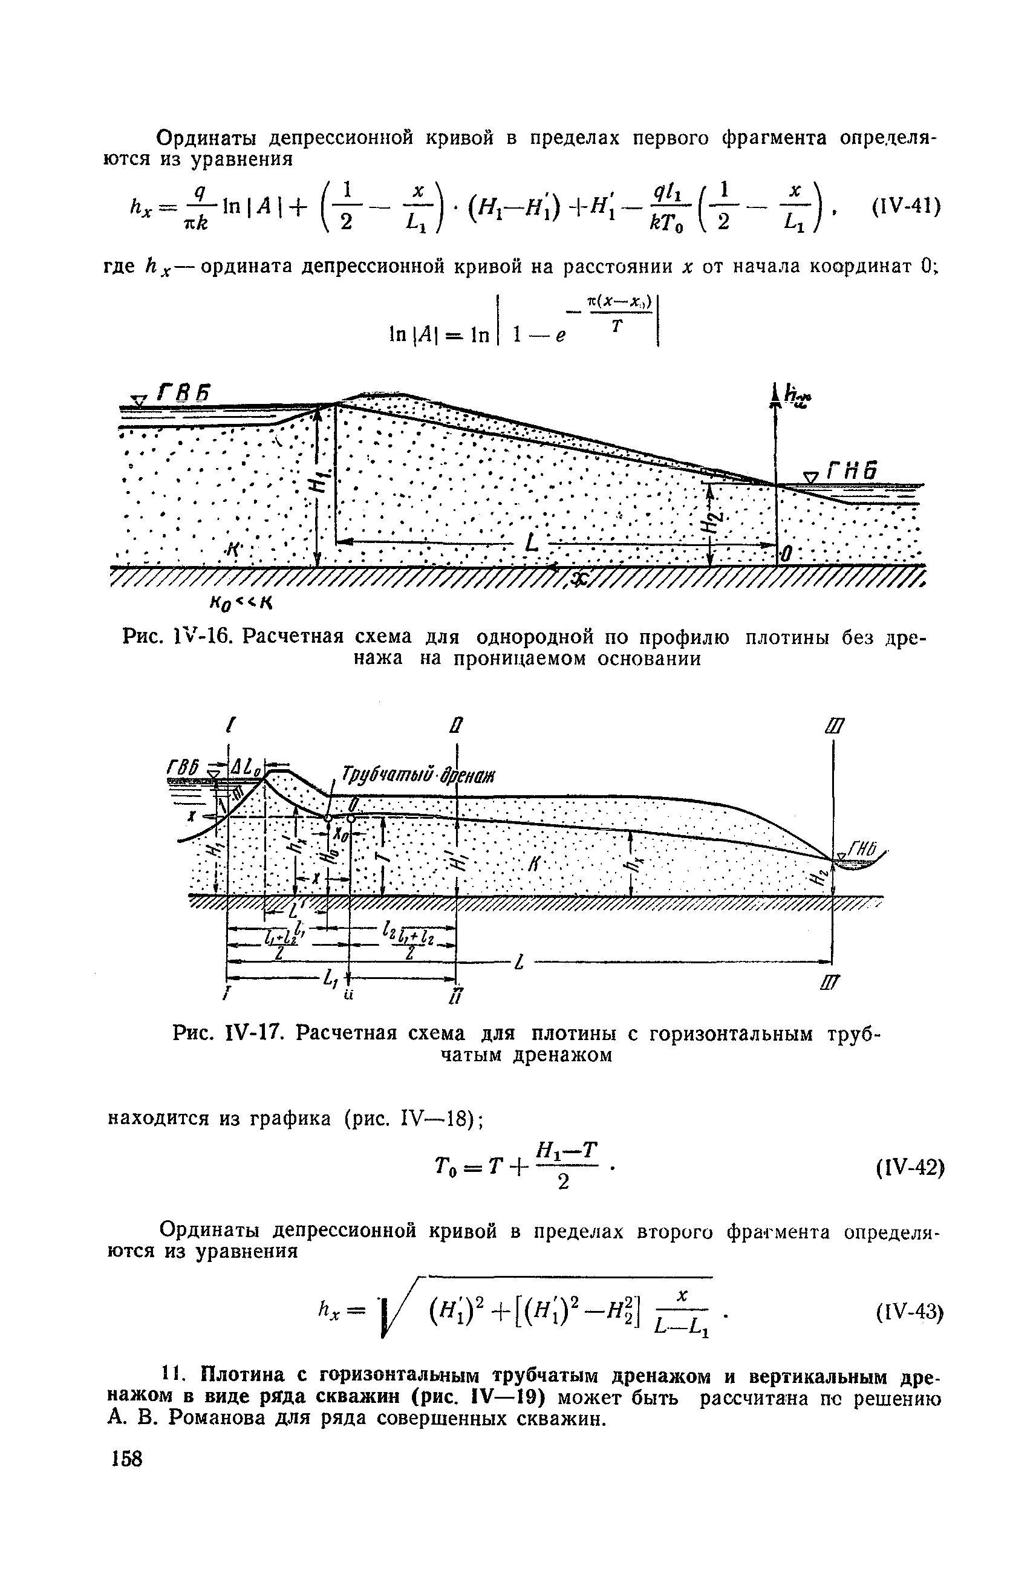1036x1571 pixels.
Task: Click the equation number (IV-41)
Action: [x=907, y=207]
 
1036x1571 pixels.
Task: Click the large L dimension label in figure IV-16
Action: [x=531, y=543]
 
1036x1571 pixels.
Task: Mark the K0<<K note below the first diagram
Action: [x=241, y=602]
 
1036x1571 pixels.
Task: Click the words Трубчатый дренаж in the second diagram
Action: [x=417, y=774]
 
